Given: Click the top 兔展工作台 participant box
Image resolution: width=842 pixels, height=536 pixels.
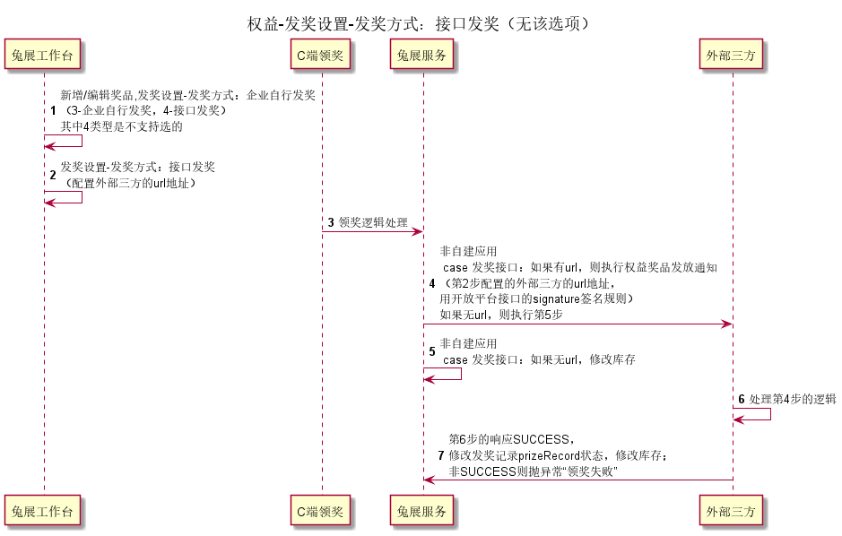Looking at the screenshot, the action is click(42, 54).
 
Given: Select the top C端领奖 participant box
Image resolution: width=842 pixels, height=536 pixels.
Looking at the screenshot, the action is click(320, 54).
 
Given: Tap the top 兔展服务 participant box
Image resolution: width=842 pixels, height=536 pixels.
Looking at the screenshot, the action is click(421, 54).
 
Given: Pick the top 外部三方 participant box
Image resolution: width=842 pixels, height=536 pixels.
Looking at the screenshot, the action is click(731, 54).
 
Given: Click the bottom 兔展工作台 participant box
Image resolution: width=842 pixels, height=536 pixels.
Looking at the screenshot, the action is click(42, 510).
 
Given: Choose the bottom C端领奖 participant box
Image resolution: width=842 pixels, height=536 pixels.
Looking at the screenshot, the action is click(320, 510).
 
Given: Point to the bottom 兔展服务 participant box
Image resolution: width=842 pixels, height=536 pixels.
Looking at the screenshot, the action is click(421, 510).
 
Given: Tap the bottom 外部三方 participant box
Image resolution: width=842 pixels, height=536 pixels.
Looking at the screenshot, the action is click(731, 510).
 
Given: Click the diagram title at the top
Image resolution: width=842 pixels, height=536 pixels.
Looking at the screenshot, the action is click(419, 23).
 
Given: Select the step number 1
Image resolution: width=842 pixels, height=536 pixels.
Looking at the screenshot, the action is click(53, 110).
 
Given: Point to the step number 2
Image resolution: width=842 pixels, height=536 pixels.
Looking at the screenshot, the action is click(53, 175).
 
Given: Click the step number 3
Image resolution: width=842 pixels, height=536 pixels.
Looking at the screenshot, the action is click(331, 222).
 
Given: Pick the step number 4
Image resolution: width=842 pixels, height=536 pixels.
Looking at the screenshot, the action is click(432, 283).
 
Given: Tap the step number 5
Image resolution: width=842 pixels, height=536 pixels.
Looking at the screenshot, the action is click(432, 351).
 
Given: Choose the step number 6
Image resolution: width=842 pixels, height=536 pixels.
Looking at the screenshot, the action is click(742, 399).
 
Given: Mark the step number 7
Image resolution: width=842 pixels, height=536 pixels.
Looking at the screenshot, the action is click(441, 455).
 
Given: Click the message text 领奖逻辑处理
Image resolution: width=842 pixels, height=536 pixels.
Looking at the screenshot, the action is click(373, 222).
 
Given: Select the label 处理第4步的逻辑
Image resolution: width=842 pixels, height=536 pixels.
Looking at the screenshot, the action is click(793, 399).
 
